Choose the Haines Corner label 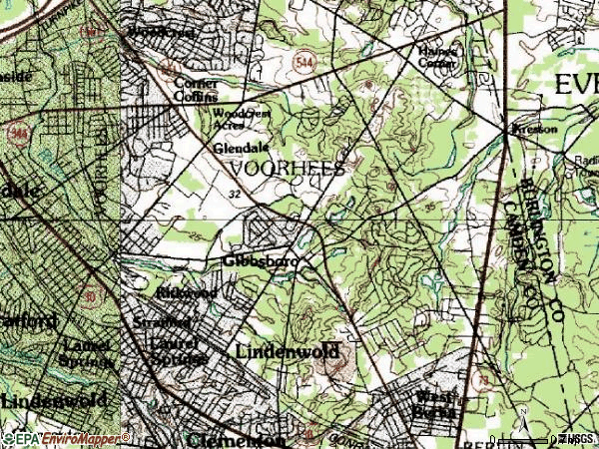435,57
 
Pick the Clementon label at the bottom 237,439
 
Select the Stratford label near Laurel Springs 162,323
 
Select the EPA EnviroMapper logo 66,438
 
